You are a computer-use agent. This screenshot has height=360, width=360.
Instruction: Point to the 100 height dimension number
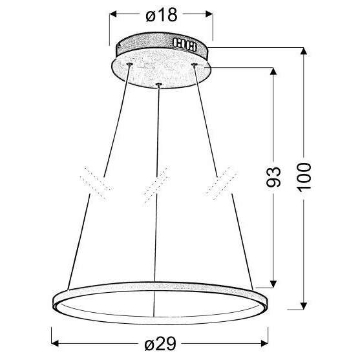(306, 176)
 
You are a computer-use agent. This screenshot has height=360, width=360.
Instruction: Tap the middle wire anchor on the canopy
(158, 84)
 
